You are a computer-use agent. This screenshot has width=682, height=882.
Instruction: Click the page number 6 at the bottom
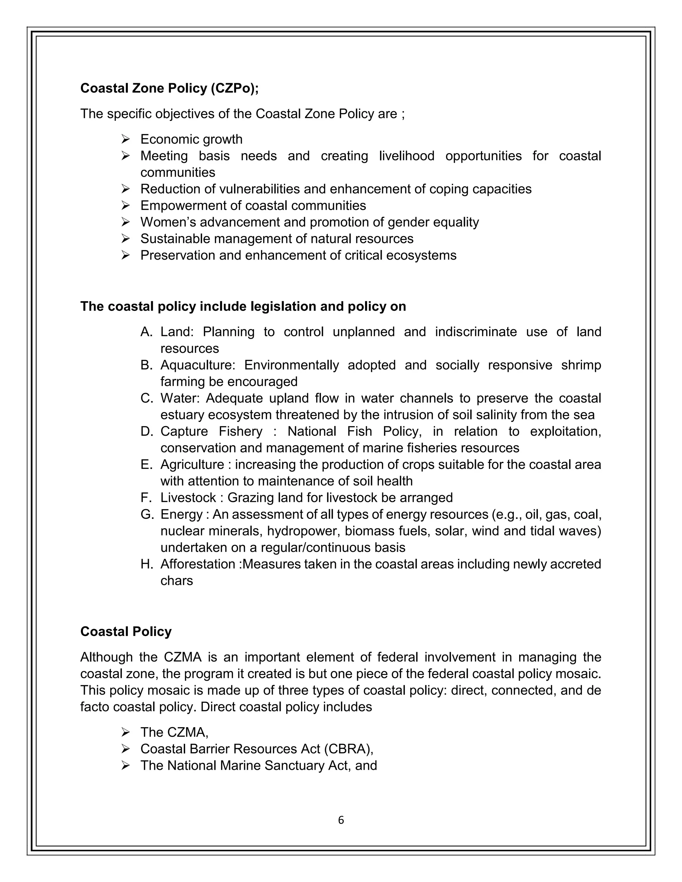[x=341, y=820]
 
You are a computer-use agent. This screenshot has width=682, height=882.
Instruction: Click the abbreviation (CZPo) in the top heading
[x=234, y=88]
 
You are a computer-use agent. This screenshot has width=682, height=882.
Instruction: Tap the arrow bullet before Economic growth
[x=125, y=139]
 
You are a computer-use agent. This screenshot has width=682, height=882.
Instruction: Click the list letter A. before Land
[x=146, y=332]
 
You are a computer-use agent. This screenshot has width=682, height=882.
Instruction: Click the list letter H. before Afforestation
[x=147, y=564]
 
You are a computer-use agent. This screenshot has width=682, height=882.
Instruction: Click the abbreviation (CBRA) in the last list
[x=348, y=749]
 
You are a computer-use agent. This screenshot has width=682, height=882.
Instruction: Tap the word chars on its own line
[x=176, y=581]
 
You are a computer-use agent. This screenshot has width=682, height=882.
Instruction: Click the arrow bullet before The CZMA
[x=125, y=732]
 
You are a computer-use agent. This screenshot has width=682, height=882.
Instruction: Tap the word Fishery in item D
[x=240, y=431]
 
